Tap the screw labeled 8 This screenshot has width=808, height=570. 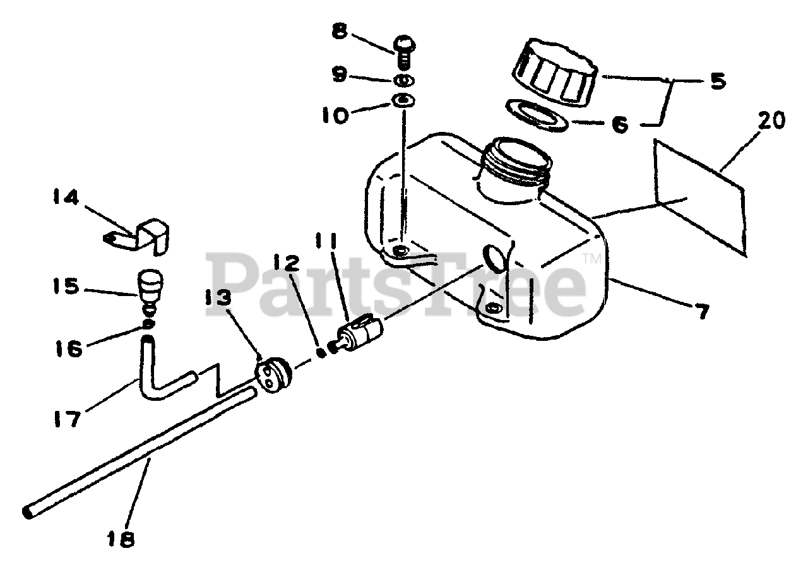[402, 51]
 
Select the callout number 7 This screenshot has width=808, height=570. [701, 310]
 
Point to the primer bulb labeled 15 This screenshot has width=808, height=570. [150, 291]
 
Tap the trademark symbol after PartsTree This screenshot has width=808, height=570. [591, 257]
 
